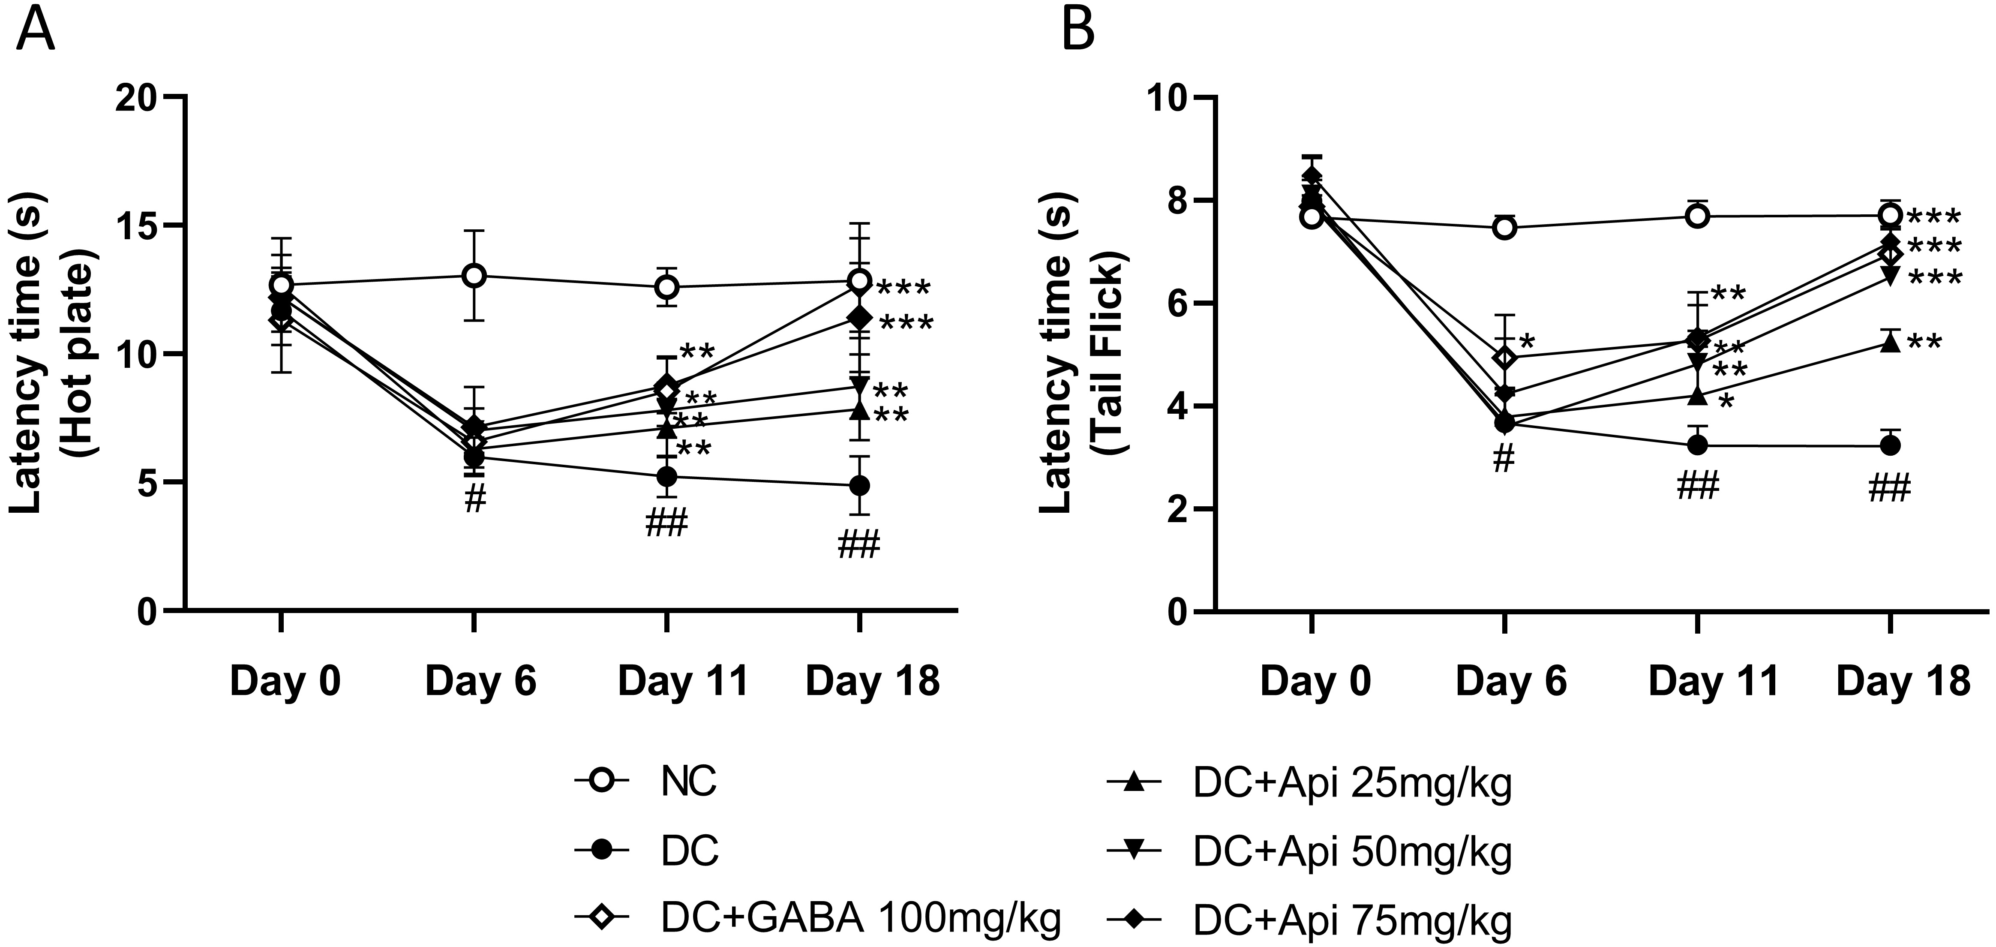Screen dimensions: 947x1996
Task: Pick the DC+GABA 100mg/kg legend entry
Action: (860, 919)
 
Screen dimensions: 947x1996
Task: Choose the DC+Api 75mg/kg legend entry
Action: (1352, 919)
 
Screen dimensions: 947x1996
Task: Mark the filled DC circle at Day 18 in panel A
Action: (858, 486)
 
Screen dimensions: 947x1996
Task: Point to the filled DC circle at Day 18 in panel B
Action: (1890, 445)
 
